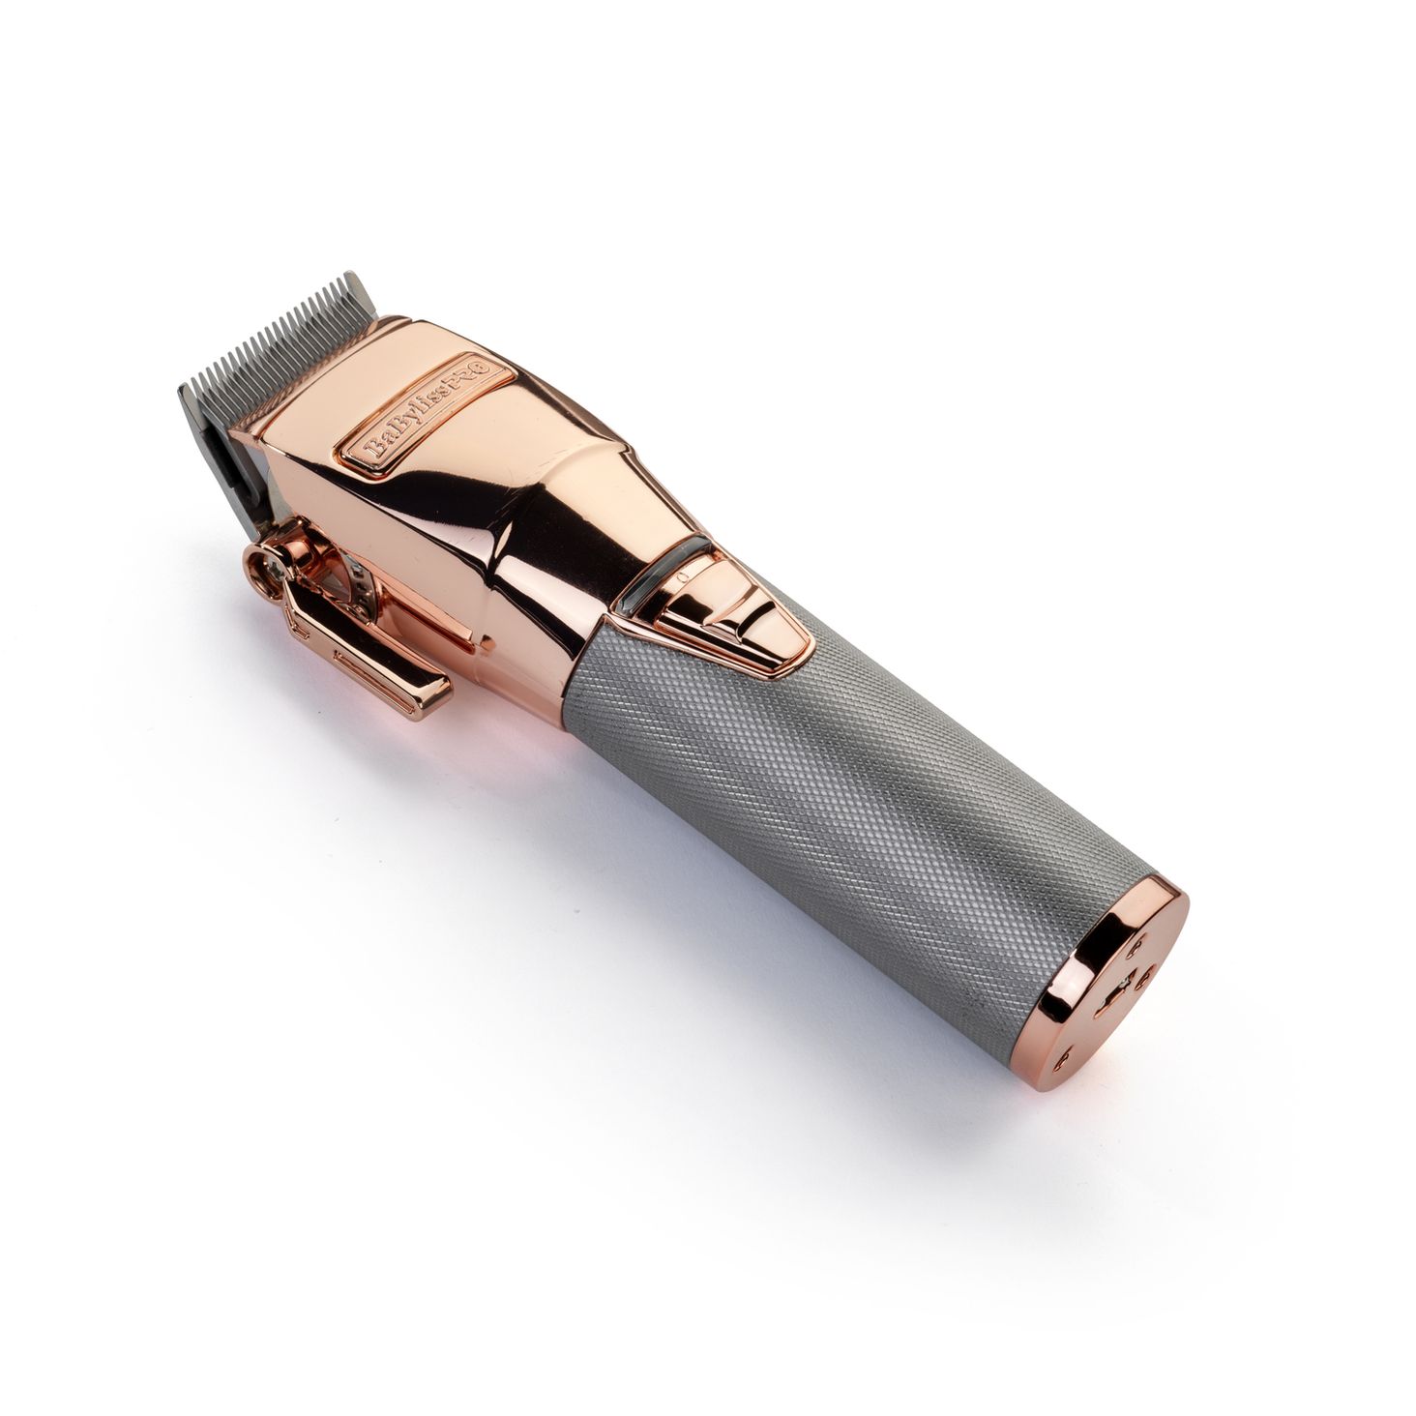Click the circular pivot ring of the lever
pyautogui.click(x=266, y=571)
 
